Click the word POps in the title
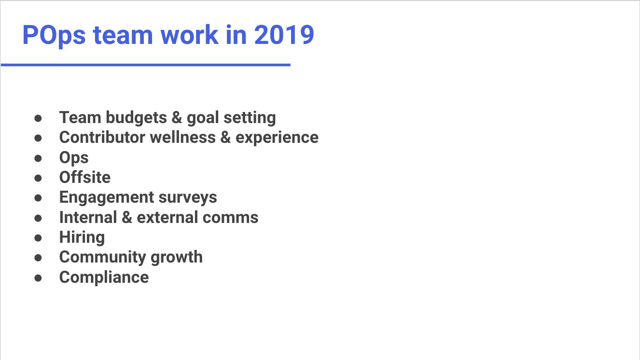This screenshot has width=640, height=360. (54, 35)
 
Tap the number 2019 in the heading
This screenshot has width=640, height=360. (284, 35)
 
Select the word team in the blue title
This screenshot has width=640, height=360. (123, 35)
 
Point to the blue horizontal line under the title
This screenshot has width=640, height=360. (145, 65)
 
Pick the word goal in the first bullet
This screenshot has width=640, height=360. (203, 118)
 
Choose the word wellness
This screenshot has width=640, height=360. (183, 137)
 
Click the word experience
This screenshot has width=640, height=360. (277, 138)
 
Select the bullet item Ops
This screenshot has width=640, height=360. (74, 158)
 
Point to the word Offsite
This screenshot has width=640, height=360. (85, 177)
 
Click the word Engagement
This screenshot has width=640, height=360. (107, 198)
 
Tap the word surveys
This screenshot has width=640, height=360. (188, 198)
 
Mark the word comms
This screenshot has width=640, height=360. (230, 218)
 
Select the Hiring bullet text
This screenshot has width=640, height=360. (82, 238)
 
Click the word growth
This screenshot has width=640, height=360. (177, 258)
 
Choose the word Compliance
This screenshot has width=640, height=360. (104, 277)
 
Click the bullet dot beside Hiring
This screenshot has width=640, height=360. (38, 238)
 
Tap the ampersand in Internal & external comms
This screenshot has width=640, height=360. (127, 217)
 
